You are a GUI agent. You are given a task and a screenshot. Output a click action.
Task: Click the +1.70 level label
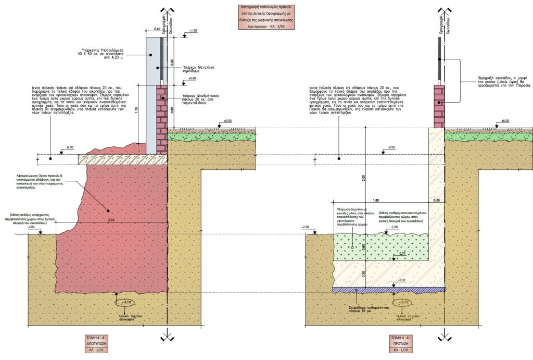[x=194, y=31]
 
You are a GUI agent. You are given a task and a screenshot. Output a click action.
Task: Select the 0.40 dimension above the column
[x=157, y=29]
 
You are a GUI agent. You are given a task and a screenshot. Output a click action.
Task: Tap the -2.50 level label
[x=401, y=254]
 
